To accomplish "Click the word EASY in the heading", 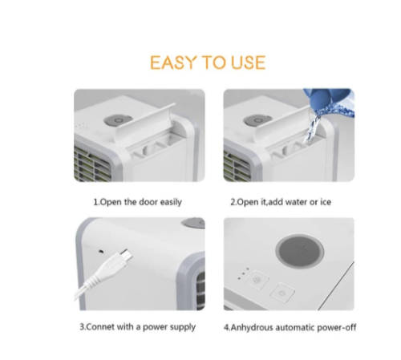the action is [x=174, y=63].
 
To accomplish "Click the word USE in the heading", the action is [x=249, y=63].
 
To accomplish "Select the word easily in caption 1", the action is [x=171, y=202].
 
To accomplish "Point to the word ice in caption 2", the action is [x=326, y=202].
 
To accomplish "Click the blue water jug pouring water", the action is [x=330, y=101].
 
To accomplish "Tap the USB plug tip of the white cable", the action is [x=127, y=254].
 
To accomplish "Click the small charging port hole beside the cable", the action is [x=101, y=251].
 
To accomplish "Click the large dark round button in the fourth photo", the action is [x=300, y=251].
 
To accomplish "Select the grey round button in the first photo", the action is [x=118, y=120].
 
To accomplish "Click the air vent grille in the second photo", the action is [x=237, y=166].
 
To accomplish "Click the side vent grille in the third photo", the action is [x=200, y=291].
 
